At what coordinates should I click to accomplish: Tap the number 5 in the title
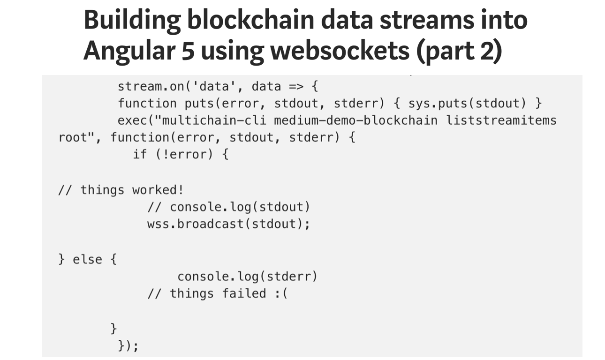click(188, 51)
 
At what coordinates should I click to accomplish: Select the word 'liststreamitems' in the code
click(501, 120)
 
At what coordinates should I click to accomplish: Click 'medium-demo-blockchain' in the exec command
click(355, 120)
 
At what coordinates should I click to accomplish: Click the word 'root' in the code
click(73, 138)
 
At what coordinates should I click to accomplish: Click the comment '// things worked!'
click(121, 190)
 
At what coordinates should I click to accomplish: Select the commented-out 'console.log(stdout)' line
click(228, 207)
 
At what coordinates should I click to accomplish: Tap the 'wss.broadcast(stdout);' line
click(228, 224)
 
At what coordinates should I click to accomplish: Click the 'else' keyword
click(87, 259)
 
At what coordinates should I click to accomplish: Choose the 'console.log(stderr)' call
click(247, 276)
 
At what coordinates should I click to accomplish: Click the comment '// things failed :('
click(217, 293)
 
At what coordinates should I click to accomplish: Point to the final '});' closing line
click(128, 346)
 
